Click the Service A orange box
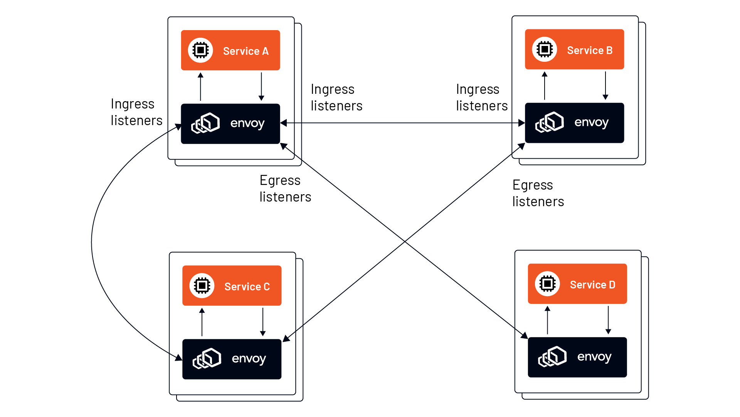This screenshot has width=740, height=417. coord(230,50)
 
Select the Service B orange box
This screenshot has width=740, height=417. coord(574,49)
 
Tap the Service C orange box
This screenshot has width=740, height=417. coord(232,286)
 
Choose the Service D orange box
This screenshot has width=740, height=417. coord(577,284)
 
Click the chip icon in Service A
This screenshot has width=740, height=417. coord(200,50)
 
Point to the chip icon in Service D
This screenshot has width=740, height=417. coord(547,284)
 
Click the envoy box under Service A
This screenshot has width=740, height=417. coord(230,124)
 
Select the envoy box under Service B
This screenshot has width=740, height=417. coord(574,123)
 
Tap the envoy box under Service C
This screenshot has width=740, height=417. coord(232,359)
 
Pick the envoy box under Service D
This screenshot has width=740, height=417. coord(577,357)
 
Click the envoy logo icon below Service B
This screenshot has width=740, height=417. coord(550,122)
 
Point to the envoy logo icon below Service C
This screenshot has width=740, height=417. coord(207,359)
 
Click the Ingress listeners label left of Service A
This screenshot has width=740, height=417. coord(136,112)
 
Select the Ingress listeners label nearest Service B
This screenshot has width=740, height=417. coord(482,97)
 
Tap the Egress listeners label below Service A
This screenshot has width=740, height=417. coord(285,188)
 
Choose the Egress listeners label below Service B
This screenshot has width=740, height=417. coord(538,193)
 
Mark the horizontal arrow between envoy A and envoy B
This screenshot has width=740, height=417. coord(403,123)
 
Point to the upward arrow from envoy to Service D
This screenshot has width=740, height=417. coord(547,320)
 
